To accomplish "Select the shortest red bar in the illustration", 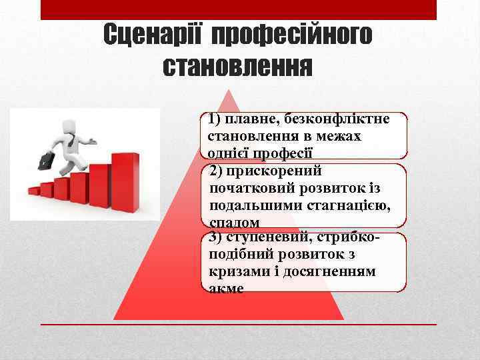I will coord(34,191).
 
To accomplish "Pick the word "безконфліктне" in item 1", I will coord(337,120).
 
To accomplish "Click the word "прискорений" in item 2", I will coord(274,171).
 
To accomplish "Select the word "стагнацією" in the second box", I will coord(351,205).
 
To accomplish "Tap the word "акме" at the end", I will coord(227,288).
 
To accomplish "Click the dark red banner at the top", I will coord(238,9).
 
